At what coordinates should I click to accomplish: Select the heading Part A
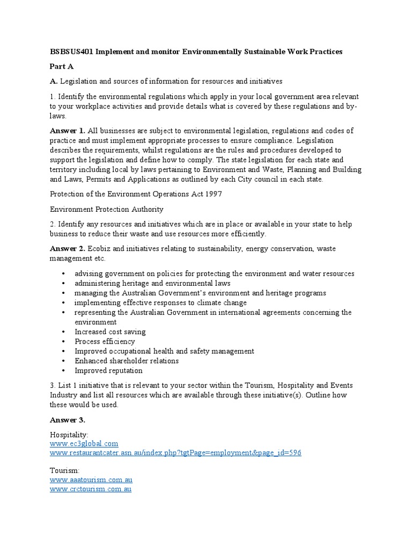62,66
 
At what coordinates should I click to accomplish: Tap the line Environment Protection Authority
107,209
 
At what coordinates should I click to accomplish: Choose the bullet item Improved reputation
108,370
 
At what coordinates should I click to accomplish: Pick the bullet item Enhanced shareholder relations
127,361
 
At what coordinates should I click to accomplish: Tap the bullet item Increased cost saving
110,332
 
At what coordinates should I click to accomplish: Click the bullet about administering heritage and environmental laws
152,283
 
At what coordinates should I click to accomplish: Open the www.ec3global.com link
84,444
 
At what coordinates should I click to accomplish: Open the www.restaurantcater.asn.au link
175,453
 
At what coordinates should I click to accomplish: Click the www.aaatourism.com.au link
91,480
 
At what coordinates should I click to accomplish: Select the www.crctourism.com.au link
91,489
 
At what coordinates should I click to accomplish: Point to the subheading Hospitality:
69,435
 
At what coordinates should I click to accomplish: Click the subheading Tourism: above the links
64,470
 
